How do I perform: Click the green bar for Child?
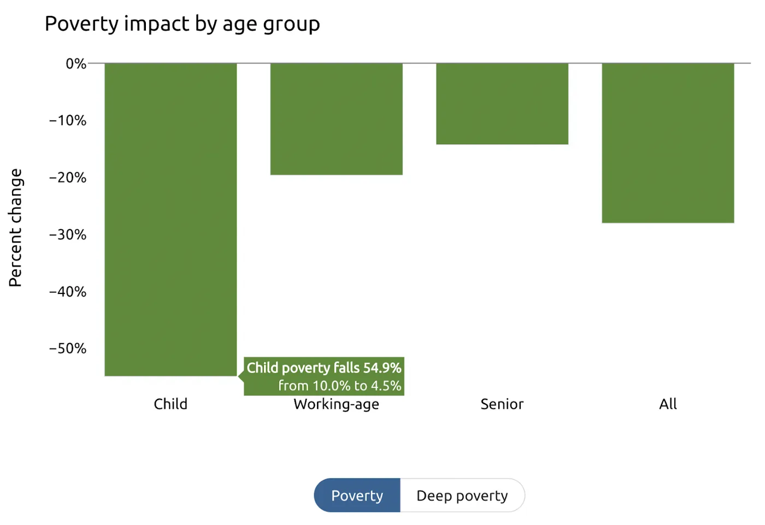click(x=170, y=219)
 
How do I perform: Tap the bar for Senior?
click(x=502, y=104)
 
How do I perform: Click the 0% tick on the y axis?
click(x=76, y=64)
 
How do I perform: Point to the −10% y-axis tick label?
click(x=68, y=121)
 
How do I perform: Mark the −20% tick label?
click(x=68, y=178)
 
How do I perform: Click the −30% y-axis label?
click(x=68, y=235)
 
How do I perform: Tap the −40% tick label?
click(x=68, y=292)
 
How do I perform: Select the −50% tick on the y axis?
click(x=68, y=349)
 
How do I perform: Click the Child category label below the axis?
click(x=170, y=404)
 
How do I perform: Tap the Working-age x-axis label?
click(x=336, y=405)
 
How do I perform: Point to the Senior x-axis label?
click(x=502, y=404)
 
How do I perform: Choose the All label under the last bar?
click(x=668, y=404)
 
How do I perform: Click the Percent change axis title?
click(x=15, y=227)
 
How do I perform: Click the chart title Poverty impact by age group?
click(x=182, y=24)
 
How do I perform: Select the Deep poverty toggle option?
click(x=462, y=495)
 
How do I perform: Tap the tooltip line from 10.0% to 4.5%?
click(x=339, y=386)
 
